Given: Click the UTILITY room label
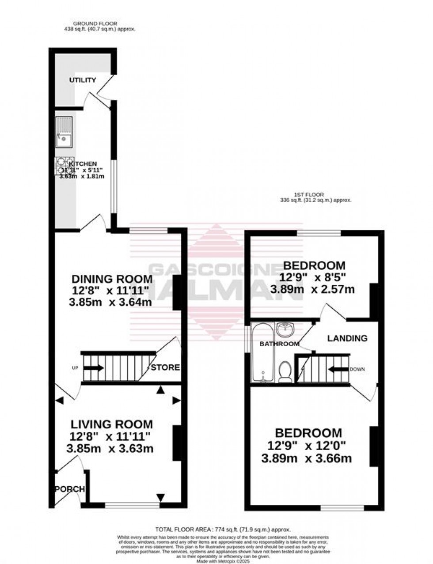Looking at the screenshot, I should pos(82,80).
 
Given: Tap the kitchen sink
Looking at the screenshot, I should pos(64,132).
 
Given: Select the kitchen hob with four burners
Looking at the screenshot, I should pos(65,166).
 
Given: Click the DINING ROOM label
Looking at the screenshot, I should pos(112,279).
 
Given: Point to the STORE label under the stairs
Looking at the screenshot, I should pos(166,367).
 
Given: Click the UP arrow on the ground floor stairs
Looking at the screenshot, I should pos(94,367).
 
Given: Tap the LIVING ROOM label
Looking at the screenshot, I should pos(112,424).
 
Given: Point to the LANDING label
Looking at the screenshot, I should pos(347,339).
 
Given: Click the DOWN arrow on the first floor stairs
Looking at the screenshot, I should pos(339,369).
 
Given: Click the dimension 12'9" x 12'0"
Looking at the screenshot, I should pos(308,446).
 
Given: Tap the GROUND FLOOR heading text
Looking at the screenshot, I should pos(95,23).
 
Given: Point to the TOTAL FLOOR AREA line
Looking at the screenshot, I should pos(223,529).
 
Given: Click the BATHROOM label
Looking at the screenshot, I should pos(274,344).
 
